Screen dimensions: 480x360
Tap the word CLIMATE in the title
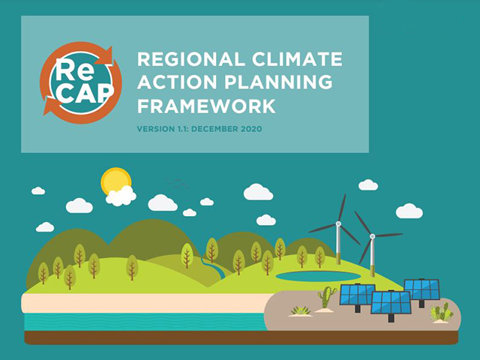[297, 59]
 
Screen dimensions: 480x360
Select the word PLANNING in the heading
[278, 82]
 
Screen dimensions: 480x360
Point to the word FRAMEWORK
[206, 106]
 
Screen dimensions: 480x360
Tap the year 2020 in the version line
[251, 129]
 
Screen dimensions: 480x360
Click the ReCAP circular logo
[81, 82]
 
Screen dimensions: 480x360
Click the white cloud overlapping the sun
[121, 196]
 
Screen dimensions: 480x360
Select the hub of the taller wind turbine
[338, 223]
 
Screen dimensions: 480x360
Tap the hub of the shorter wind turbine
[372, 236]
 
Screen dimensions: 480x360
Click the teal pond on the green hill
[318, 276]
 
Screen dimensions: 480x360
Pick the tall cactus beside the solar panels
[325, 297]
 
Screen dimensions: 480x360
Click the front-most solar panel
[391, 303]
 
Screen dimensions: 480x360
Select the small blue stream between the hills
[214, 267]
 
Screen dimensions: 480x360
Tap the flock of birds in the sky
[176, 182]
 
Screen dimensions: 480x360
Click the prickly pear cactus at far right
[441, 312]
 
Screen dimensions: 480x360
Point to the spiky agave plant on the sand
[301, 311]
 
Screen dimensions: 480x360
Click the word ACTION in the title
[178, 82]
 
